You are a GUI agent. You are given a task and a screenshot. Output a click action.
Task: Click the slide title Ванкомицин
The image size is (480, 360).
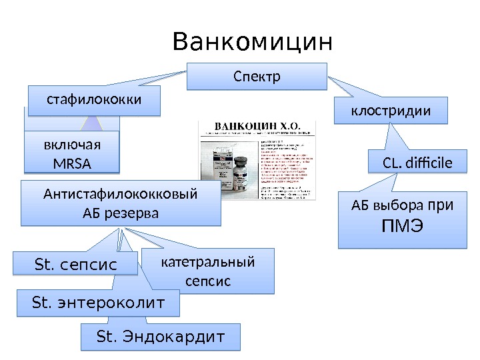pos(251,42)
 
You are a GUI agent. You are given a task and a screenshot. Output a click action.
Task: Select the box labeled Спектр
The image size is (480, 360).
pos(257,76)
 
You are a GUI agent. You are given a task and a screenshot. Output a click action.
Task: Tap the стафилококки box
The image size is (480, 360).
pos(94,100)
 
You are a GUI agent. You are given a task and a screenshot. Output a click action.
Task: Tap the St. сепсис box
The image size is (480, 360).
pos(75,265)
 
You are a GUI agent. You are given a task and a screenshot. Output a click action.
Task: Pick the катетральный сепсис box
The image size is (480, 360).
pos(208,271)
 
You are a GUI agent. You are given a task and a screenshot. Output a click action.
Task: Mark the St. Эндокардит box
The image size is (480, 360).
pos(159,336)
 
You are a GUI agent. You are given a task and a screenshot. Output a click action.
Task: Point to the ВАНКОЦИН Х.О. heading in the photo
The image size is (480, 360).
pos(257,126)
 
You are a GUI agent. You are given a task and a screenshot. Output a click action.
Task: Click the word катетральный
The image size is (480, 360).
pos(208,261)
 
